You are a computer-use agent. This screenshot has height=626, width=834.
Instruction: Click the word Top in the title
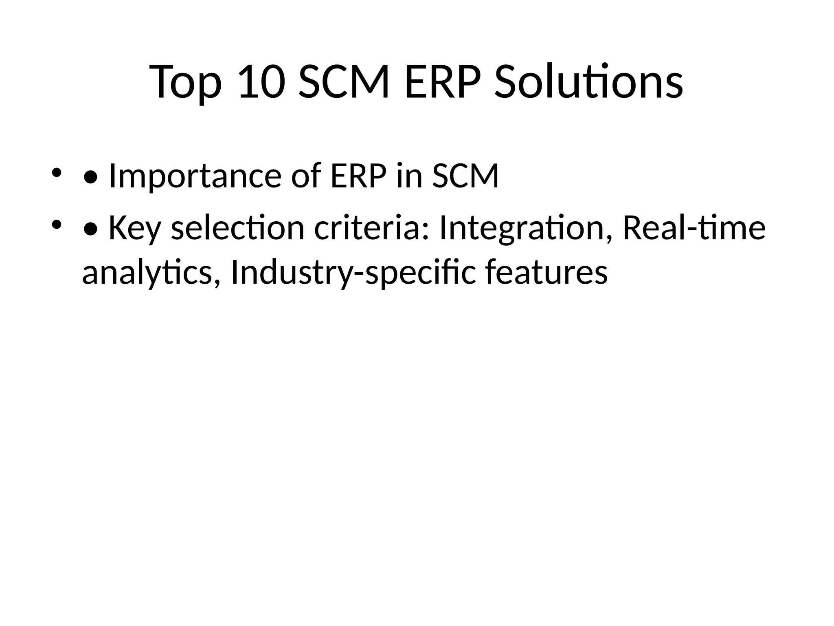coord(186,83)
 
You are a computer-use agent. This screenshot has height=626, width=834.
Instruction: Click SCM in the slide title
coord(344,83)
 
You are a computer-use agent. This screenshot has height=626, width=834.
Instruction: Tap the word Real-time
coord(694,228)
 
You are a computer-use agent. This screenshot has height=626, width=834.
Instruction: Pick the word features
coord(546,272)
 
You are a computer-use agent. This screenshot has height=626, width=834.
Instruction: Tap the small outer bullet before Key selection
coord(56,224)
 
